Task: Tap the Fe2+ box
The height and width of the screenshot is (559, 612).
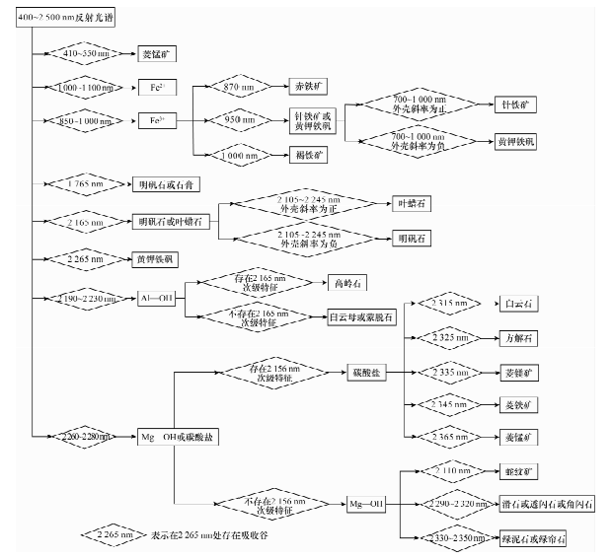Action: click(157, 87)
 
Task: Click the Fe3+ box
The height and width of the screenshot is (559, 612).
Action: click(157, 121)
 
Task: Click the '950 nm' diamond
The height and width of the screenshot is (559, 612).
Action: click(236, 121)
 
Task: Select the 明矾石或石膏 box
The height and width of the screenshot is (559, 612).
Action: click(165, 183)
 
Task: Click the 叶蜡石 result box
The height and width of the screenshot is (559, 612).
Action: click(415, 203)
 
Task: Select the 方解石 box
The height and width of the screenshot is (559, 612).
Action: click(523, 337)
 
